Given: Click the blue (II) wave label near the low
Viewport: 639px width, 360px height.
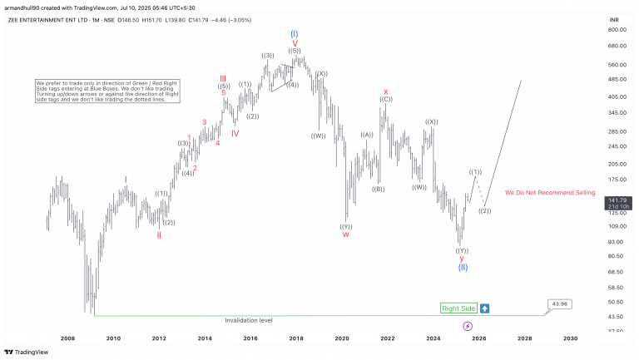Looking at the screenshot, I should pyautogui.click(x=463, y=267).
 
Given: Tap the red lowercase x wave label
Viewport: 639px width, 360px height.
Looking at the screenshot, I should pyautogui.click(x=385, y=91).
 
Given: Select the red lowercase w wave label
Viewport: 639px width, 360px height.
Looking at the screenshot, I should pyautogui.click(x=345, y=234).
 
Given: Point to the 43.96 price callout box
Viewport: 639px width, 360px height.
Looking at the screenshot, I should pyautogui.click(x=559, y=303).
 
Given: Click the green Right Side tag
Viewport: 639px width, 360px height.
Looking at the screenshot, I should pyautogui.click(x=458, y=308).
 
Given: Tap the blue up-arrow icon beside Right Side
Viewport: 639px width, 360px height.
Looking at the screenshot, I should pyautogui.click(x=484, y=308).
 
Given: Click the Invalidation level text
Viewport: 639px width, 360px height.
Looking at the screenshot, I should pyautogui.click(x=249, y=320).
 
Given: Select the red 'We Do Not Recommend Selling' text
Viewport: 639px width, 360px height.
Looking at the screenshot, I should pyautogui.click(x=550, y=192).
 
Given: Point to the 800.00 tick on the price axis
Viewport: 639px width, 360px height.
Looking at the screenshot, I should pyautogui.click(x=617, y=29).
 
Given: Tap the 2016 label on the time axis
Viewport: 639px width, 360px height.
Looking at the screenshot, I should pyautogui.click(x=250, y=338).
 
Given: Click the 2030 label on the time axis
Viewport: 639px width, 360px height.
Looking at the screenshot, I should pyautogui.click(x=570, y=338).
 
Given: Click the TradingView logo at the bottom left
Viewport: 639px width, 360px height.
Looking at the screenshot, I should pyautogui.click(x=26, y=352).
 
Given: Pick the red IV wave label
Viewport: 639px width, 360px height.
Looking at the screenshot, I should pyautogui.click(x=235, y=133).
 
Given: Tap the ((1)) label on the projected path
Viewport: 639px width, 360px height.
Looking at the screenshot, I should pyautogui.click(x=475, y=171).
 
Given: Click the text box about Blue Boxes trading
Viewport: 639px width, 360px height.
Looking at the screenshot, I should pyautogui.click(x=107, y=91).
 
